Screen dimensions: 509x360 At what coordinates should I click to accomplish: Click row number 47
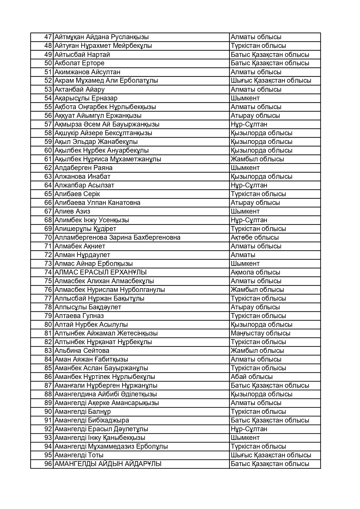point(48,37)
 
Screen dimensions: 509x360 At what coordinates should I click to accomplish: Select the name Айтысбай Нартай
point(82,55)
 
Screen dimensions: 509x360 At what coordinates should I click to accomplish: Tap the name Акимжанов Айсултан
point(87,72)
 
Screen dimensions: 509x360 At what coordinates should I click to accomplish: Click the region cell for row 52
point(271,81)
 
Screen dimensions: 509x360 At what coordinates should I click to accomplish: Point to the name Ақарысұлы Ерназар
point(86,98)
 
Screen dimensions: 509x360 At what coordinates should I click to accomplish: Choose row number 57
point(48,124)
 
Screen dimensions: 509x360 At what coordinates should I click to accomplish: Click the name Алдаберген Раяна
point(83,168)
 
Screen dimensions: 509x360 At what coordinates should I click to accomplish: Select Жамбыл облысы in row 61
point(257,159)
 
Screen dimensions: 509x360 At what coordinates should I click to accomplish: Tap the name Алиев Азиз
point(72,211)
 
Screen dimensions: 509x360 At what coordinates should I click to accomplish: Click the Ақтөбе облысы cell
point(255,237)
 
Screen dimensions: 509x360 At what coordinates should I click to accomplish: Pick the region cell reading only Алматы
point(243,255)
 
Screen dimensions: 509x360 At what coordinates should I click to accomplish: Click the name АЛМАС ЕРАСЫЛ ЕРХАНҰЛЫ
point(100,272)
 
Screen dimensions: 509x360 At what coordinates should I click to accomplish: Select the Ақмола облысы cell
point(255,272)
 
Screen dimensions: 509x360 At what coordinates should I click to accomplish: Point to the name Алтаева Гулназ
point(79,316)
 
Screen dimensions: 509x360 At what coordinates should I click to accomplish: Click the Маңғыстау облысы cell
point(260,333)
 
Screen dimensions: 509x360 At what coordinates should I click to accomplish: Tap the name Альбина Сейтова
point(82,351)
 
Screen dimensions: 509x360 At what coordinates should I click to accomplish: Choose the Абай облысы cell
point(251,377)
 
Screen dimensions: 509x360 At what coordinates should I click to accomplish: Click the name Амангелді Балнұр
point(82,411)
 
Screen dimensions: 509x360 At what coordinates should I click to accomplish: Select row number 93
point(48,438)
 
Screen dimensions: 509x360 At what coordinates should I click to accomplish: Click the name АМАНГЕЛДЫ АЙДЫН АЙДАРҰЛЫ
point(108,464)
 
